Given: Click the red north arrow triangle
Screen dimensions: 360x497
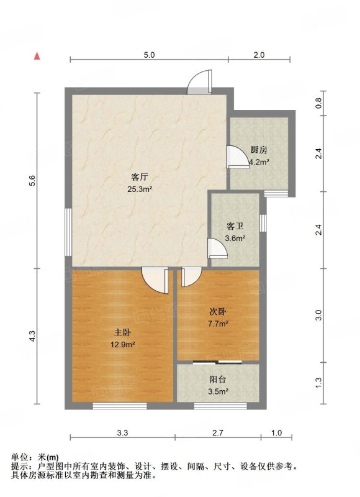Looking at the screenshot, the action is coord(37,56).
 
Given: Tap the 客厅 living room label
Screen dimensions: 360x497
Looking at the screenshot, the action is coord(140,177).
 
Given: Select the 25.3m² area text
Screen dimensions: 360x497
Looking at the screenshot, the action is coord(140,189).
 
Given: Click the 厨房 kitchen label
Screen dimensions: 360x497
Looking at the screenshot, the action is coord(259,150).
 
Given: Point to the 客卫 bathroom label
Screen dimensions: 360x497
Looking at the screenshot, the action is coord(235,226).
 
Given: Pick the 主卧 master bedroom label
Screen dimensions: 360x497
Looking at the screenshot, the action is coord(122,332).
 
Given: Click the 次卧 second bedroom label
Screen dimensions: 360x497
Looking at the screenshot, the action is coord(218,312).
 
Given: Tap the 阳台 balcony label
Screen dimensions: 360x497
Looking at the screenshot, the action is coord(218,380).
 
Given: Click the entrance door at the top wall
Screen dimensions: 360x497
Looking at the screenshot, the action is coord(199,82).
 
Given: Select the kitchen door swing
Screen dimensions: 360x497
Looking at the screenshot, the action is coord(238,157).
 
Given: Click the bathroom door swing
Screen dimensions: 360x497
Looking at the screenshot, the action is coord(218,248).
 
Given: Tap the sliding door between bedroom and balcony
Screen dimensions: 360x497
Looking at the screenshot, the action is coord(217,362).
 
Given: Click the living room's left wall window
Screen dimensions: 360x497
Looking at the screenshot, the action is coord(68,232).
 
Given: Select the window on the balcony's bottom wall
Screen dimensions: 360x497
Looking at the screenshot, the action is coord(220,406).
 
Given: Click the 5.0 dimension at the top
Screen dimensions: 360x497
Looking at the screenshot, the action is coord(149,55).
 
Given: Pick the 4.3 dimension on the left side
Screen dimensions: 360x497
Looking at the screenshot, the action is coord(32,336).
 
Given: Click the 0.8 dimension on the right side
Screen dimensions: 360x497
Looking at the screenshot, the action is coord(318,103).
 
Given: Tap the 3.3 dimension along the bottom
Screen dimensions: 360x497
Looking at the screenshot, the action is coord(122,432).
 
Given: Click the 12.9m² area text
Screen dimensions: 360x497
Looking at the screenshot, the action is coord(123,345).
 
